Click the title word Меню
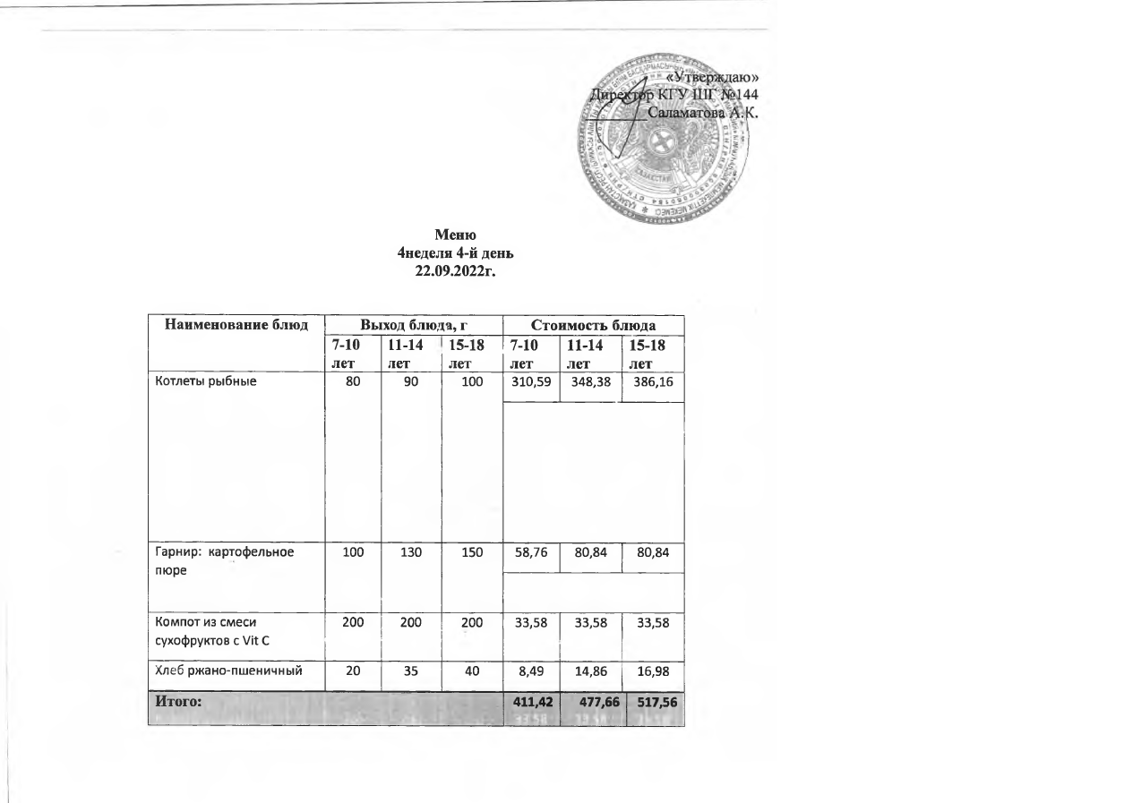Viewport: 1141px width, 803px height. (454, 235)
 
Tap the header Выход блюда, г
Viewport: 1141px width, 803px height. (415, 325)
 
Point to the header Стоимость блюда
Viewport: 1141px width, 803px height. (594, 325)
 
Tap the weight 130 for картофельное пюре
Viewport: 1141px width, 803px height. (411, 552)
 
